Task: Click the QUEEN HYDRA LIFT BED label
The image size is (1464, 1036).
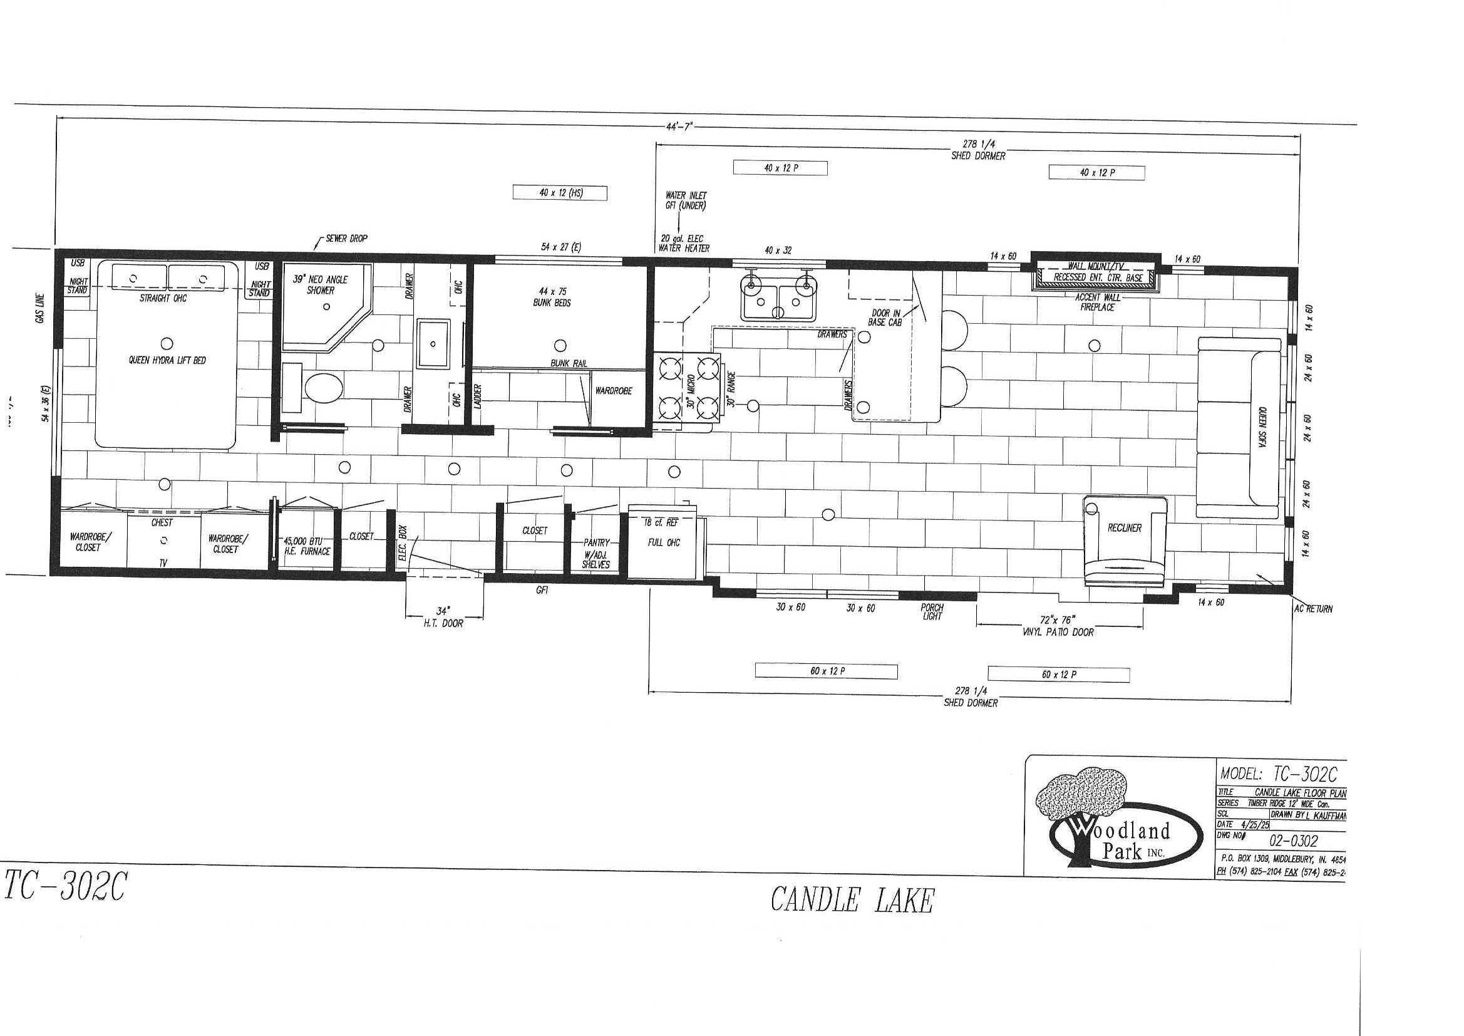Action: [x=167, y=360]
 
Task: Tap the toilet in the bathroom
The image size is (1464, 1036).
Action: [x=324, y=386]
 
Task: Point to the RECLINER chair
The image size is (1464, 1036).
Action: [x=1125, y=528]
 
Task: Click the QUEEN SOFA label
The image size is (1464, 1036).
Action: [x=1262, y=428]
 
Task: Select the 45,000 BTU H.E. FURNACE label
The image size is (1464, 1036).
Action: [x=307, y=546]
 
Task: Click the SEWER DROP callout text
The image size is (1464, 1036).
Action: [x=346, y=239]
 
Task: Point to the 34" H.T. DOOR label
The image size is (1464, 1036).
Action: [x=444, y=616]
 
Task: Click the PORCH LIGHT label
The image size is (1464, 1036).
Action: [x=932, y=612]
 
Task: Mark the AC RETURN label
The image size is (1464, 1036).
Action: [x=1313, y=609]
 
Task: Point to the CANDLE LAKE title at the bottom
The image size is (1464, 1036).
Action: [x=852, y=900]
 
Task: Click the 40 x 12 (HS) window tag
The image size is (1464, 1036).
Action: [x=560, y=193]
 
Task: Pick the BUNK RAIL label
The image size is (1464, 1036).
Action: [x=569, y=364]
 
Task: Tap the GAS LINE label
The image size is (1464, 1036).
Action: [x=39, y=309]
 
